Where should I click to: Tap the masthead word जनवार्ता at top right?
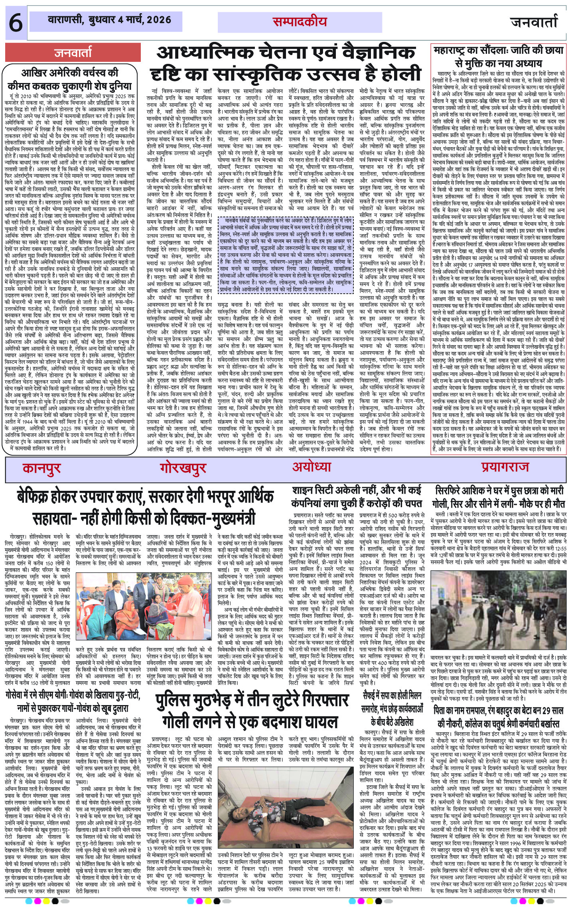(533, 22)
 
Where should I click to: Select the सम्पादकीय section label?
(299, 22)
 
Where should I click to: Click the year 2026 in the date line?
(159, 20)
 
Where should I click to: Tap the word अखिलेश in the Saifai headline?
(407, 722)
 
